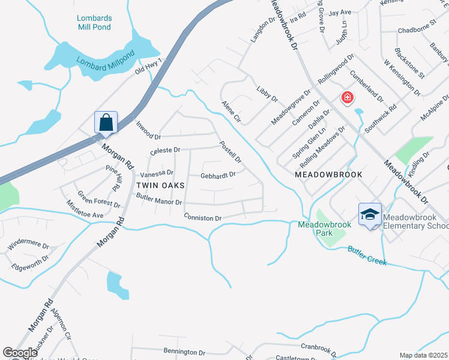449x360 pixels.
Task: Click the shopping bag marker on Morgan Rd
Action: coord(106,123)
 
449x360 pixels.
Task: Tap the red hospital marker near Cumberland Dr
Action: coord(346,98)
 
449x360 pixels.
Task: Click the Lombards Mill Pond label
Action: coord(94,22)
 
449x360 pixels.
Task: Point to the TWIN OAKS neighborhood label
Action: coord(160,185)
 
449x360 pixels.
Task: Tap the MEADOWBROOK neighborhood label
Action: coord(328,174)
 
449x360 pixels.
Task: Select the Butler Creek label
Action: coord(367,256)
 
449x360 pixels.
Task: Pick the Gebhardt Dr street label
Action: coord(218,175)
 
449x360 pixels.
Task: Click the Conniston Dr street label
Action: coord(203,218)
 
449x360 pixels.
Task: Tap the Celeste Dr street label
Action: coord(165,149)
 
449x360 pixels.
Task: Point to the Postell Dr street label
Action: coord(231,152)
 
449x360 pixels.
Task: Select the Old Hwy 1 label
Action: coord(149,71)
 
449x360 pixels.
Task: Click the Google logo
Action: coord(20,353)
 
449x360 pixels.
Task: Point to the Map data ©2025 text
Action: coord(423,355)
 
